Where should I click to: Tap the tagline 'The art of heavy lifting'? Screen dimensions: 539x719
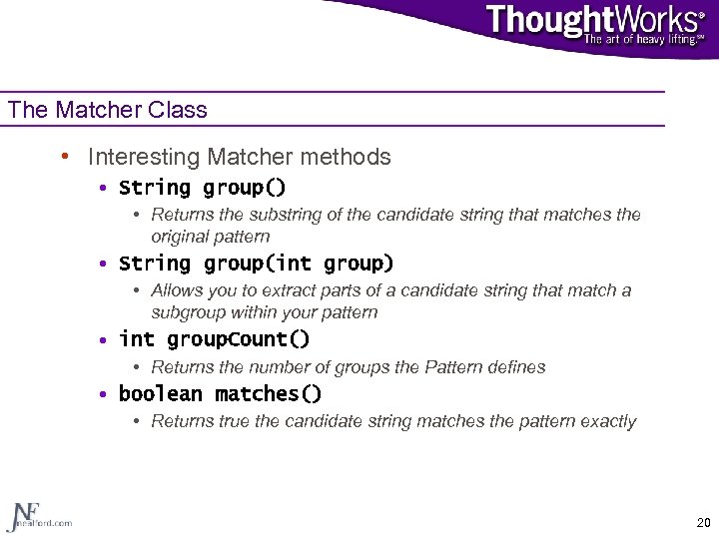[642, 40]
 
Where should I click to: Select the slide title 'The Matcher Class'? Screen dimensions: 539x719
[108, 110]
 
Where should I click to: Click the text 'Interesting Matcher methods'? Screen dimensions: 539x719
[239, 157]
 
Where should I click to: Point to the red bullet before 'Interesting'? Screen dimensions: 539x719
[64, 157]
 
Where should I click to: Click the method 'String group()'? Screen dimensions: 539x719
[202, 188]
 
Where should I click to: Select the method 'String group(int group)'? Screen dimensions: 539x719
[256, 264]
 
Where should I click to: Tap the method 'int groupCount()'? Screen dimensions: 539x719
[214, 339]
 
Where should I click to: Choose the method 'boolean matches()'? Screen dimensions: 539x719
[220, 394]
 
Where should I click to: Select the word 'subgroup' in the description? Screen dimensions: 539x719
[187, 312]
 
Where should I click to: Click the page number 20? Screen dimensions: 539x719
[703, 522]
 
